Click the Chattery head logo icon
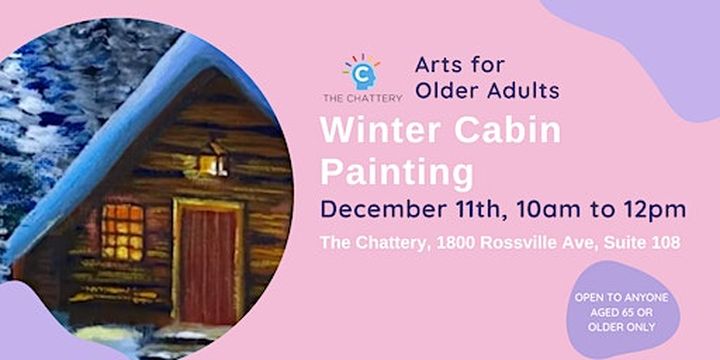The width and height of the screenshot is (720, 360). coord(362,73)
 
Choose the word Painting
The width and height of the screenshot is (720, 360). coord(396,172)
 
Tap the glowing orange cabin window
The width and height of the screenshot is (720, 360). coord(122,231)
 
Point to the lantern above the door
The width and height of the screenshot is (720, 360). coord(212,159)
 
